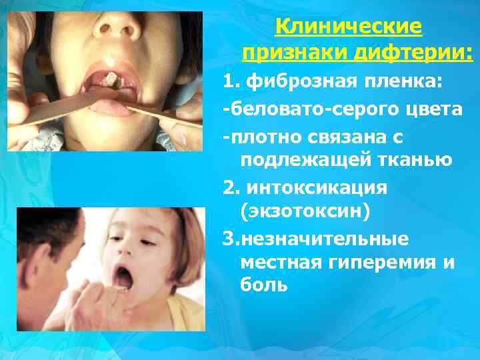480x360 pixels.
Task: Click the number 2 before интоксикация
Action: click(229, 187)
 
